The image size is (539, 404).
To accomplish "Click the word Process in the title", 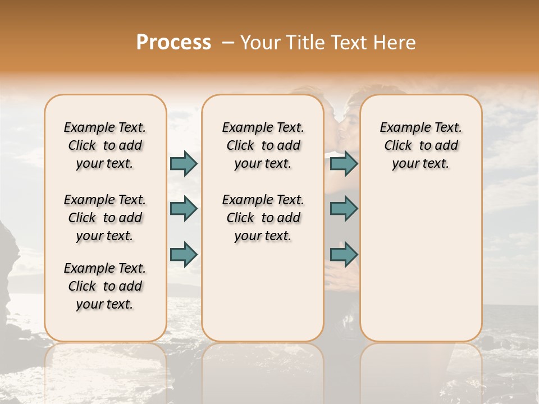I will (x=173, y=43).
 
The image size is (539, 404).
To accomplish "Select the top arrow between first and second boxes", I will (x=184, y=163).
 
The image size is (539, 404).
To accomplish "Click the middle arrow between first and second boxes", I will (x=184, y=209).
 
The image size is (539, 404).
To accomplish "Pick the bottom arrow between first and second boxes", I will (x=184, y=254).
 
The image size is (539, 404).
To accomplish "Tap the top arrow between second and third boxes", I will (x=344, y=163).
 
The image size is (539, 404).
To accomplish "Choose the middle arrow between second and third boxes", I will (x=344, y=209).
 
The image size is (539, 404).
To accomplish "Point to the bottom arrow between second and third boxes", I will (x=344, y=254).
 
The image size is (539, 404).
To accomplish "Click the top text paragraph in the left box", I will (x=105, y=145).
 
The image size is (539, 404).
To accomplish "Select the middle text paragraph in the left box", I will (x=105, y=218).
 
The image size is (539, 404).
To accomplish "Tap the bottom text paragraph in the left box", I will (x=105, y=286).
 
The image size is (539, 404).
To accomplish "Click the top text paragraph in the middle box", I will (x=263, y=145).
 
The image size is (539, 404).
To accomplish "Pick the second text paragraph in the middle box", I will (x=263, y=218).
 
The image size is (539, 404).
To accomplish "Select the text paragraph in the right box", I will (x=421, y=145).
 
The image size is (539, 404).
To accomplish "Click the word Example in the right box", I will (x=399, y=128).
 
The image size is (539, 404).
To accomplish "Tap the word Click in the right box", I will (x=398, y=146).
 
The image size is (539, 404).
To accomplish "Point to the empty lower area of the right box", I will (x=421, y=264).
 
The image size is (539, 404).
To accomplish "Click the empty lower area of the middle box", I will (x=263, y=292).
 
